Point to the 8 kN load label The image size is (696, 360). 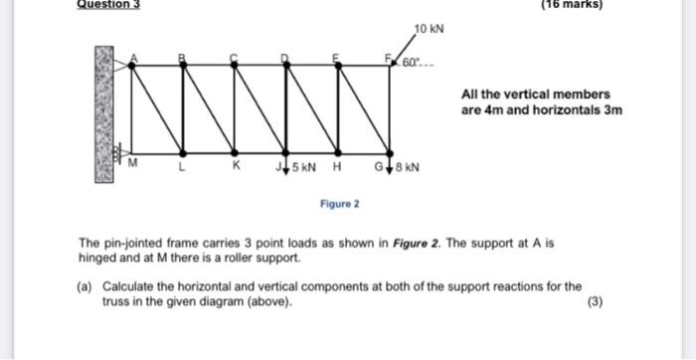(x=408, y=167)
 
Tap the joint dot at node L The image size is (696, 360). (x=181, y=153)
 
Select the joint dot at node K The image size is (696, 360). (x=235, y=153)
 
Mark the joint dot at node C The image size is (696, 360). (x=234, y=64)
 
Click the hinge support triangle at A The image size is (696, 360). (x=121, y=64)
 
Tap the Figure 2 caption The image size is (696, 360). (x=340, y=204)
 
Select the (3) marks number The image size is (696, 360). (x=595, y=302)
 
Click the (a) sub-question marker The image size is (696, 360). (x=87, y=286)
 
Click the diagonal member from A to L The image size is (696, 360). (x=156, y=108)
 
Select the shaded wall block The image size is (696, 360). (x=104, y=112)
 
